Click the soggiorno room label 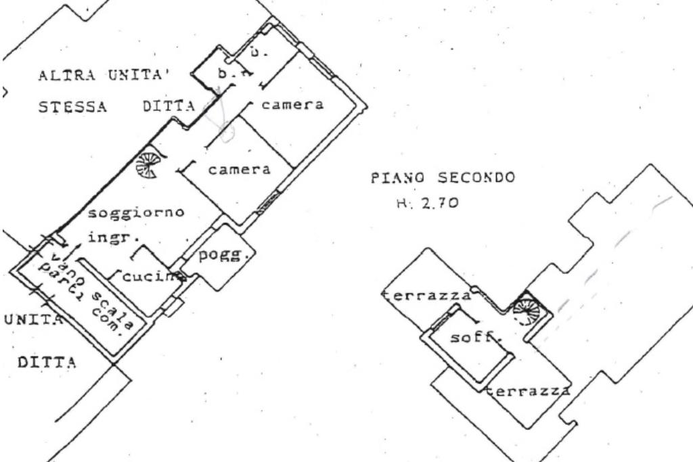137,213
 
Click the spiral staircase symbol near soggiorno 146,165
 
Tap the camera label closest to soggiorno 239,170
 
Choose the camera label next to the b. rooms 292,105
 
